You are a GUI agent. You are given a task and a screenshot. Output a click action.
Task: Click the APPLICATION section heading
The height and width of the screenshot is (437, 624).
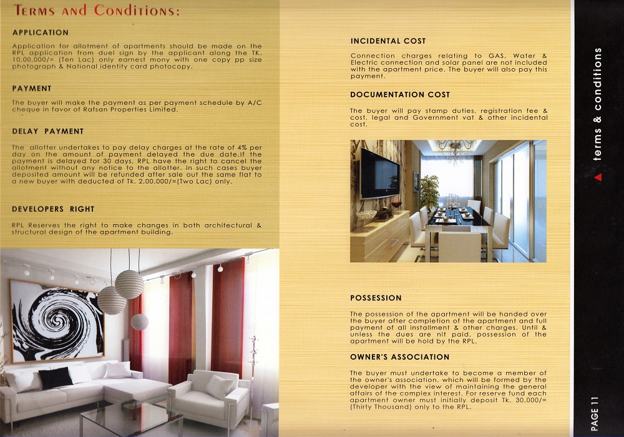point(41,32)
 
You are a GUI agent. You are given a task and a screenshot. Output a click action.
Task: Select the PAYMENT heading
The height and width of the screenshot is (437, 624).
point(32,89)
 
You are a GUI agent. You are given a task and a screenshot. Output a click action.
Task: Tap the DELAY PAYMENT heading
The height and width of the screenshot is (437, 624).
point(47,131)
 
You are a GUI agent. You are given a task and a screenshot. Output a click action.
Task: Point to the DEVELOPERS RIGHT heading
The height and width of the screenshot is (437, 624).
point(53,209)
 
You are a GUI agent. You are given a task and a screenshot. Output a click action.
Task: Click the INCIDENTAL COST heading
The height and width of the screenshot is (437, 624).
point(388,41)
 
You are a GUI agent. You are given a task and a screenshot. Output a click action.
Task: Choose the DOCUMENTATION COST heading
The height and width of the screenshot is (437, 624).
point(400,95)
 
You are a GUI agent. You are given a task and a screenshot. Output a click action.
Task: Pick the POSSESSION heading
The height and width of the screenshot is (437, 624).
point(376,298)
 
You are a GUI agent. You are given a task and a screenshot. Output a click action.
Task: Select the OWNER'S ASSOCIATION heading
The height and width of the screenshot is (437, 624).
point(399,357)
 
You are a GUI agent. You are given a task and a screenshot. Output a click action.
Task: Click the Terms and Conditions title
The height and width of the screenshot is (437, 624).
point(97,11)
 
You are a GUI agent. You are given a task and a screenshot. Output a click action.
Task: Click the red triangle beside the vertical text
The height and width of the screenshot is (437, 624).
point(598,177)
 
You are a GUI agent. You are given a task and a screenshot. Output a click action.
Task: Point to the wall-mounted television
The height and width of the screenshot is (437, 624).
point(380,173)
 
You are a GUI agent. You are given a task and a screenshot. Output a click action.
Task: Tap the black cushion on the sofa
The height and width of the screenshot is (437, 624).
point(56,377)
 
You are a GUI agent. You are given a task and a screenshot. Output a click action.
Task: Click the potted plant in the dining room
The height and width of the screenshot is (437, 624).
point(429,190)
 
